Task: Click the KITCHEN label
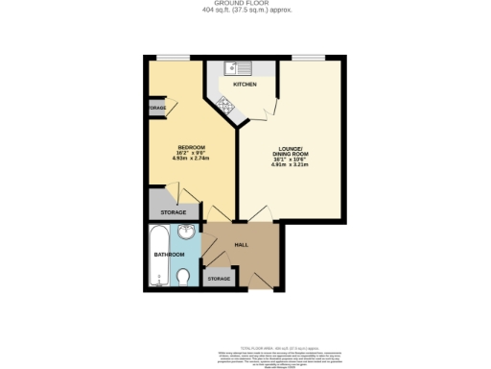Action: point(245,85)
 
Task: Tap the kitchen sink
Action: point(237,68)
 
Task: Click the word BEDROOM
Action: point(192,147)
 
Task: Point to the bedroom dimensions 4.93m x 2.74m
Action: point(192,159)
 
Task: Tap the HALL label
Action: point(242,244)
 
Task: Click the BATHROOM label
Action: point(170,255)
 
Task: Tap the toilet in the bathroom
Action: point(184,278)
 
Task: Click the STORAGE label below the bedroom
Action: point(174,211)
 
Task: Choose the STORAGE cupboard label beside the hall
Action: point(220,279)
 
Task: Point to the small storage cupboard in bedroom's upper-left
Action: point(157,109)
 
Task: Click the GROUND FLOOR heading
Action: point(245,4)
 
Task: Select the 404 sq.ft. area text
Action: point(245,11)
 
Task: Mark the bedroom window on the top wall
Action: point(174,57)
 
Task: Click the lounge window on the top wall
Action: point(307,57)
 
